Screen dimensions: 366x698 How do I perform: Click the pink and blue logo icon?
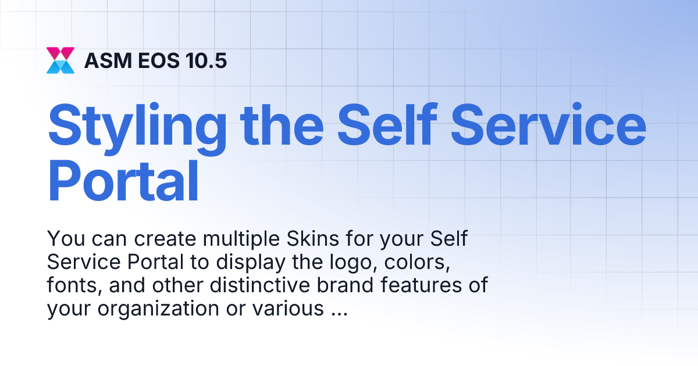point(60,60)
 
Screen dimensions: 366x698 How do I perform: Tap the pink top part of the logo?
point(60,53)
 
